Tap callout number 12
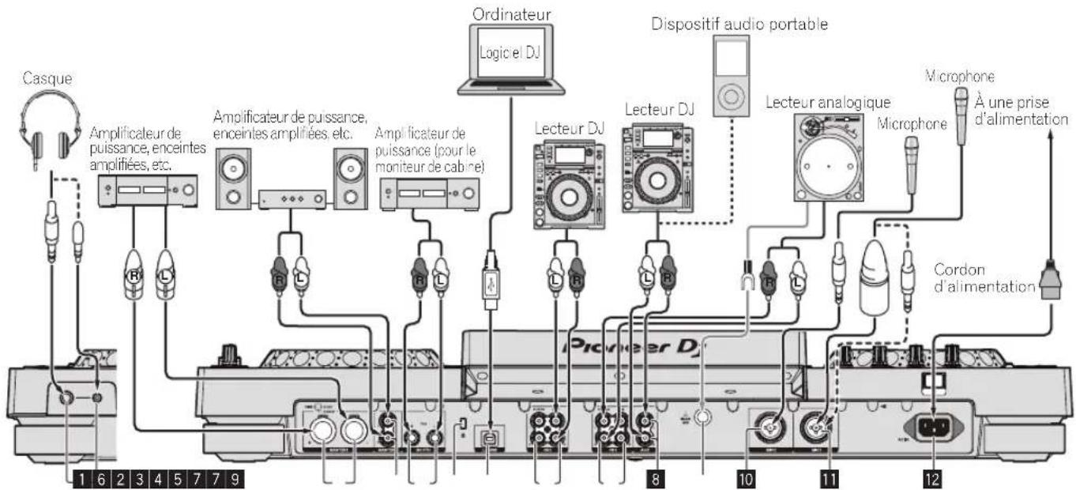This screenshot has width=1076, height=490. click(x=935, y=477)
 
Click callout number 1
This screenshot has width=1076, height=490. click(x=80, y=477)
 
